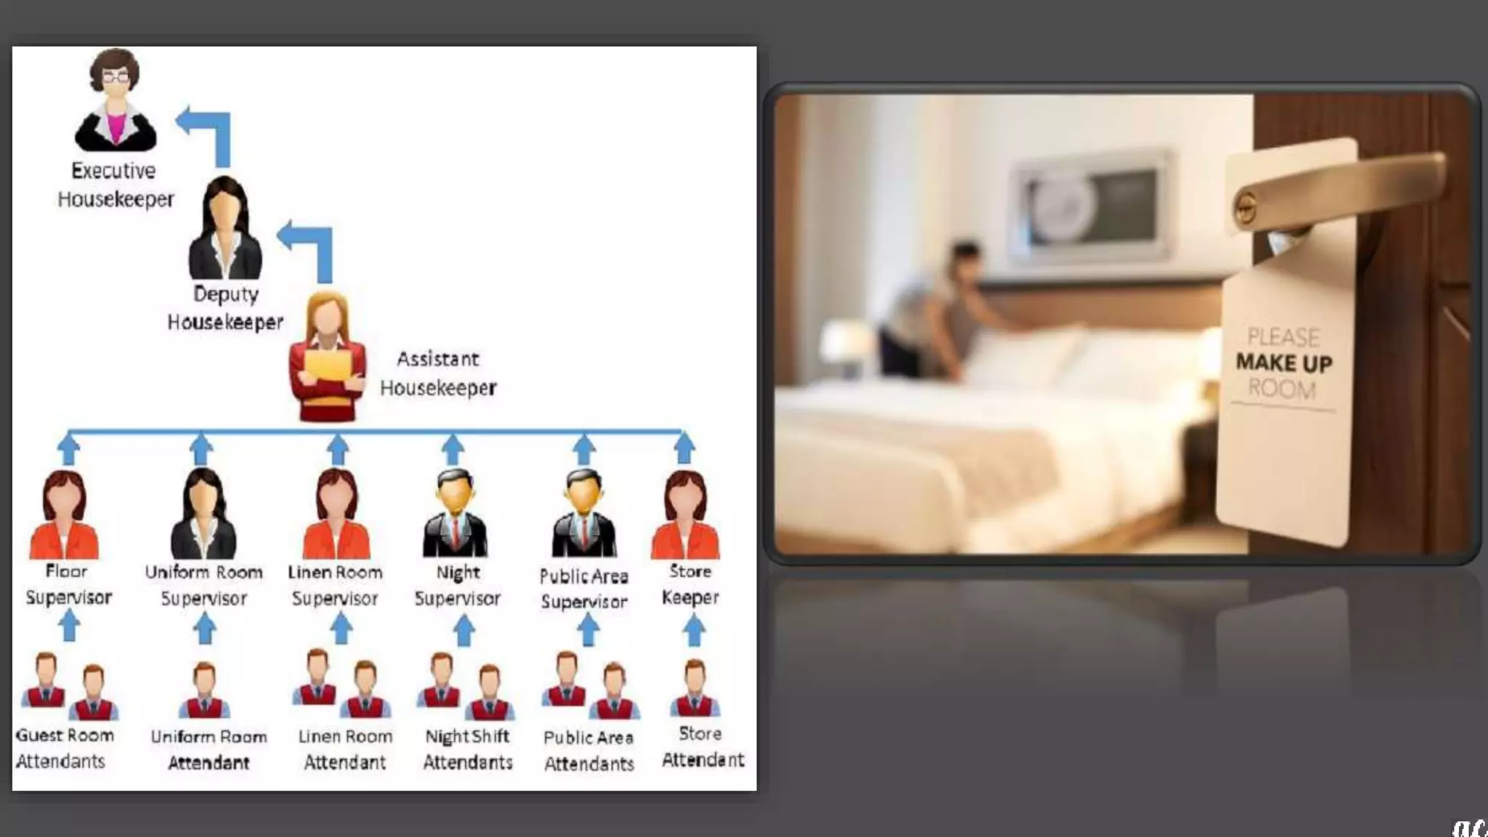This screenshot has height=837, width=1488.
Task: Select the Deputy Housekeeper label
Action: coord(225,308)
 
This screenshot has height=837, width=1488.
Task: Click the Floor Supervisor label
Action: coord(68,584)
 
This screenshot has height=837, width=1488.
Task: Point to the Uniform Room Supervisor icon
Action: coord(203,514)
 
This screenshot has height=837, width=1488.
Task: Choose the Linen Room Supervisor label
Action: coord(335,585)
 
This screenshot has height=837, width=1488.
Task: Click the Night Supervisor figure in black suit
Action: coord(456,514)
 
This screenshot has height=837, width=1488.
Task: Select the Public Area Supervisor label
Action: coord(584,589)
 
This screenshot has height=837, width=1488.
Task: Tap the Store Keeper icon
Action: coord(685,514)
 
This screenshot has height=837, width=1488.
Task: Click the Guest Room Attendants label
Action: coord(64,748)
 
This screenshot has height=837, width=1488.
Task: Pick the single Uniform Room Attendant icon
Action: coord(204,690)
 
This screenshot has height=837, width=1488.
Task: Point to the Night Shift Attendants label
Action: coord(468,749)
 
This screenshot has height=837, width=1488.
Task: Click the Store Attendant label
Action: coord(703,747)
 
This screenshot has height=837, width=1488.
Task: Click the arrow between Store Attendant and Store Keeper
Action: coord(694,630)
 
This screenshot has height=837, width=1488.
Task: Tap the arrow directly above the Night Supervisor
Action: coord(453,448)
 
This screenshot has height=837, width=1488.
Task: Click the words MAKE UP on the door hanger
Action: coord(1284,363)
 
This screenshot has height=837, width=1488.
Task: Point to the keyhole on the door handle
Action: coord(1245,209)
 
